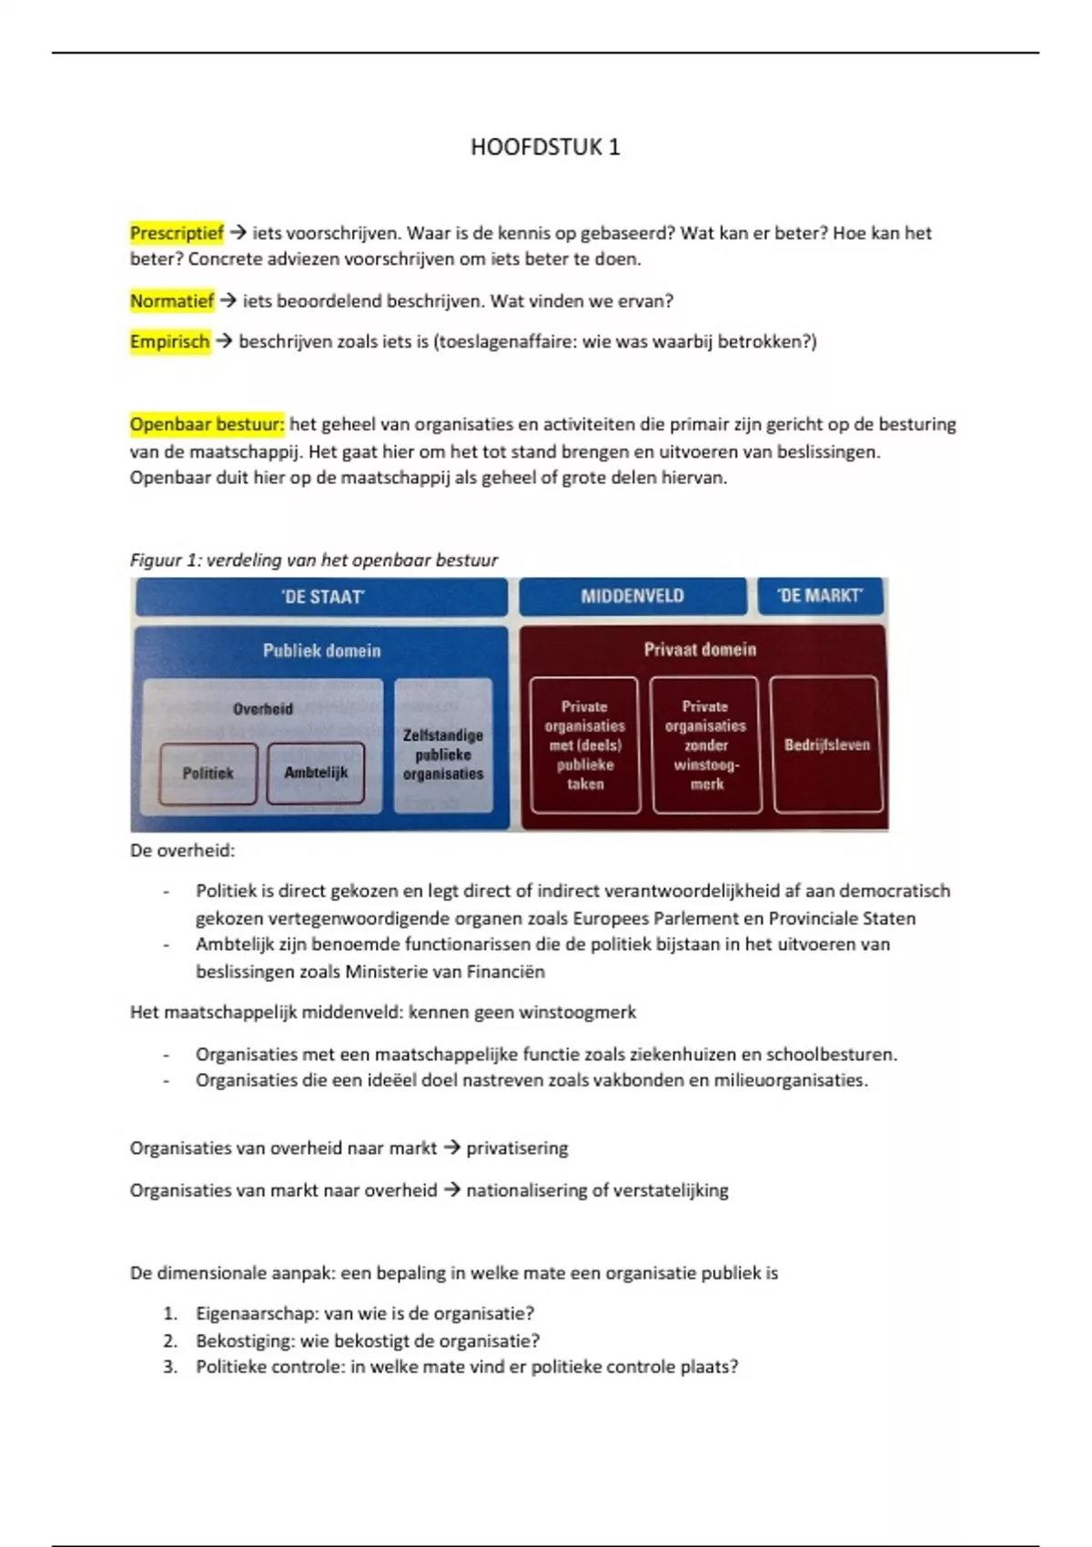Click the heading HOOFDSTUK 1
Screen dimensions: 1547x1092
pyautogui.click(x=545, y=147)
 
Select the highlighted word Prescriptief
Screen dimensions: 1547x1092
pyautogui.click(x=177, y=233)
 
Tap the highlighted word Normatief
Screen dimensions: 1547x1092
pyautogui.click(x=172, y=301)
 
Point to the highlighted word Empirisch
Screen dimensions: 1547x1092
pyautogui.click(x=170, y=342)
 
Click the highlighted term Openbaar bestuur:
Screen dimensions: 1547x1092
pyautogui.click(x=207, y=425)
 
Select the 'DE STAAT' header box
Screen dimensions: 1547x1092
pyautogui.click(x=322, y=597)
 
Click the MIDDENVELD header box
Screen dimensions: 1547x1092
pyautogui.click(x=632, y=596)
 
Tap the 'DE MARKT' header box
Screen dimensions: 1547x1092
pyautogui.click(x=820, y=596)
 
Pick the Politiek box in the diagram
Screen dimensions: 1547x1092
pyautogui.click(x=208, y=773)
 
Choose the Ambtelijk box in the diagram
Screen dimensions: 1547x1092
pyautogui.click(x=316, y=773)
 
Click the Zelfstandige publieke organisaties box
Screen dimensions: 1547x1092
pyautogui.click(x=443, y=754)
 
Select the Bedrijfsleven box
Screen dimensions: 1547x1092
pyautogui.click(x=826, y=744)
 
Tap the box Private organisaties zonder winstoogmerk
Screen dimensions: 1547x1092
pyautogui.click(x=705, y=744)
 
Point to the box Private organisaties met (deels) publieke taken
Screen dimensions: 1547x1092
pyautogui.click(x=585, y=744)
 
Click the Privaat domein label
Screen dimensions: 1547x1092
pyautogui.click(x=700, y=650)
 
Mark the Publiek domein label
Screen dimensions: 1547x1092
pyautogui.click(x=321, y=651)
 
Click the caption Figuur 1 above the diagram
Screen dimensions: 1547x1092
pyautogui.click(x=314, y=561)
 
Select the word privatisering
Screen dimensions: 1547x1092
pyautogui.click(x=517, y=1148)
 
